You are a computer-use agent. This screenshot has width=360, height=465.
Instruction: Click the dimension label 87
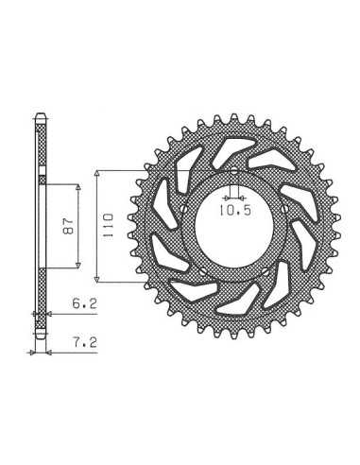tap(68, 225)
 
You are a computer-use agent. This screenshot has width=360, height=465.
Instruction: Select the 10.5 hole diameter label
tap(235, 210)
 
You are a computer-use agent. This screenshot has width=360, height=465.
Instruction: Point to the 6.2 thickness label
tap(85, 304)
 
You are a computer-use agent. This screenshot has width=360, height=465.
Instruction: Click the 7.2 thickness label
tap(85, 342)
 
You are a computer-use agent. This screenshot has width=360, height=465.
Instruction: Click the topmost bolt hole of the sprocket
tap(234, 172)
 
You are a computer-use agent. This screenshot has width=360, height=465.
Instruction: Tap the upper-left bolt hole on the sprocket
tap(184, 209)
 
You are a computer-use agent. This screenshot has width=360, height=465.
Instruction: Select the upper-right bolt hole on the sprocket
tap(284, 209)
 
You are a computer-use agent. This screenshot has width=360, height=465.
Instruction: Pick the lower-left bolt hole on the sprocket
tap(203, 270)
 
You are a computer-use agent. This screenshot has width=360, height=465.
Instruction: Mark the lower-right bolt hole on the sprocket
tap(266, 270)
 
